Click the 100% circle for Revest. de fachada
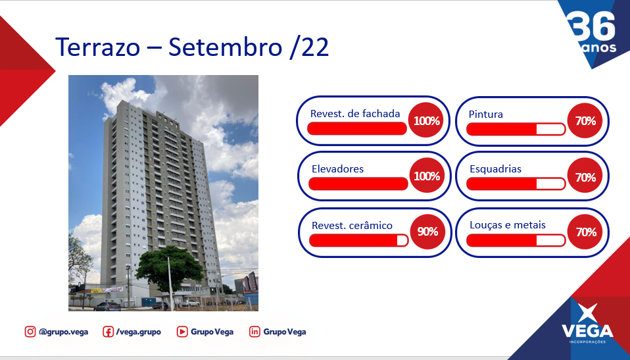pyautogui.click(x=426, y=120)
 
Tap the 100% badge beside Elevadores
pyautogui.click(x=427, y=176)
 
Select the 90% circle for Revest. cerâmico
pyautogui.click(x=427, y=231)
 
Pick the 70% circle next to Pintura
pyautogui.click(x=585, y=120)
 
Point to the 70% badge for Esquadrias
pyautogui.click(x=585, y=176)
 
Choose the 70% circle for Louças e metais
pyautogui.click(x=585, y=232)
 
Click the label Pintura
pyautogui.click(x=485, y=115)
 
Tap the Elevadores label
pyautogui.click(x=337, y=169)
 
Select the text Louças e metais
pyautogui.click(x=508, y=225)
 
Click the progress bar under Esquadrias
pyautogui.click(x=516, y=184)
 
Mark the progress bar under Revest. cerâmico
pyautogui.click(x=359, y=240)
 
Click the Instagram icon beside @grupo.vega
pyautogui.click(x=30, y=332)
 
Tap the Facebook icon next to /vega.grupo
pyautogui.click(x=108, y=332)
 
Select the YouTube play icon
pyautogui.click(x=182, y=332)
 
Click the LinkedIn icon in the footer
pyautogui.click(x=254, y=332)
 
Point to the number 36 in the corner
pyautogui.click(x=593, y=26)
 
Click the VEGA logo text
pyautogui.click(x=587, y=331)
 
